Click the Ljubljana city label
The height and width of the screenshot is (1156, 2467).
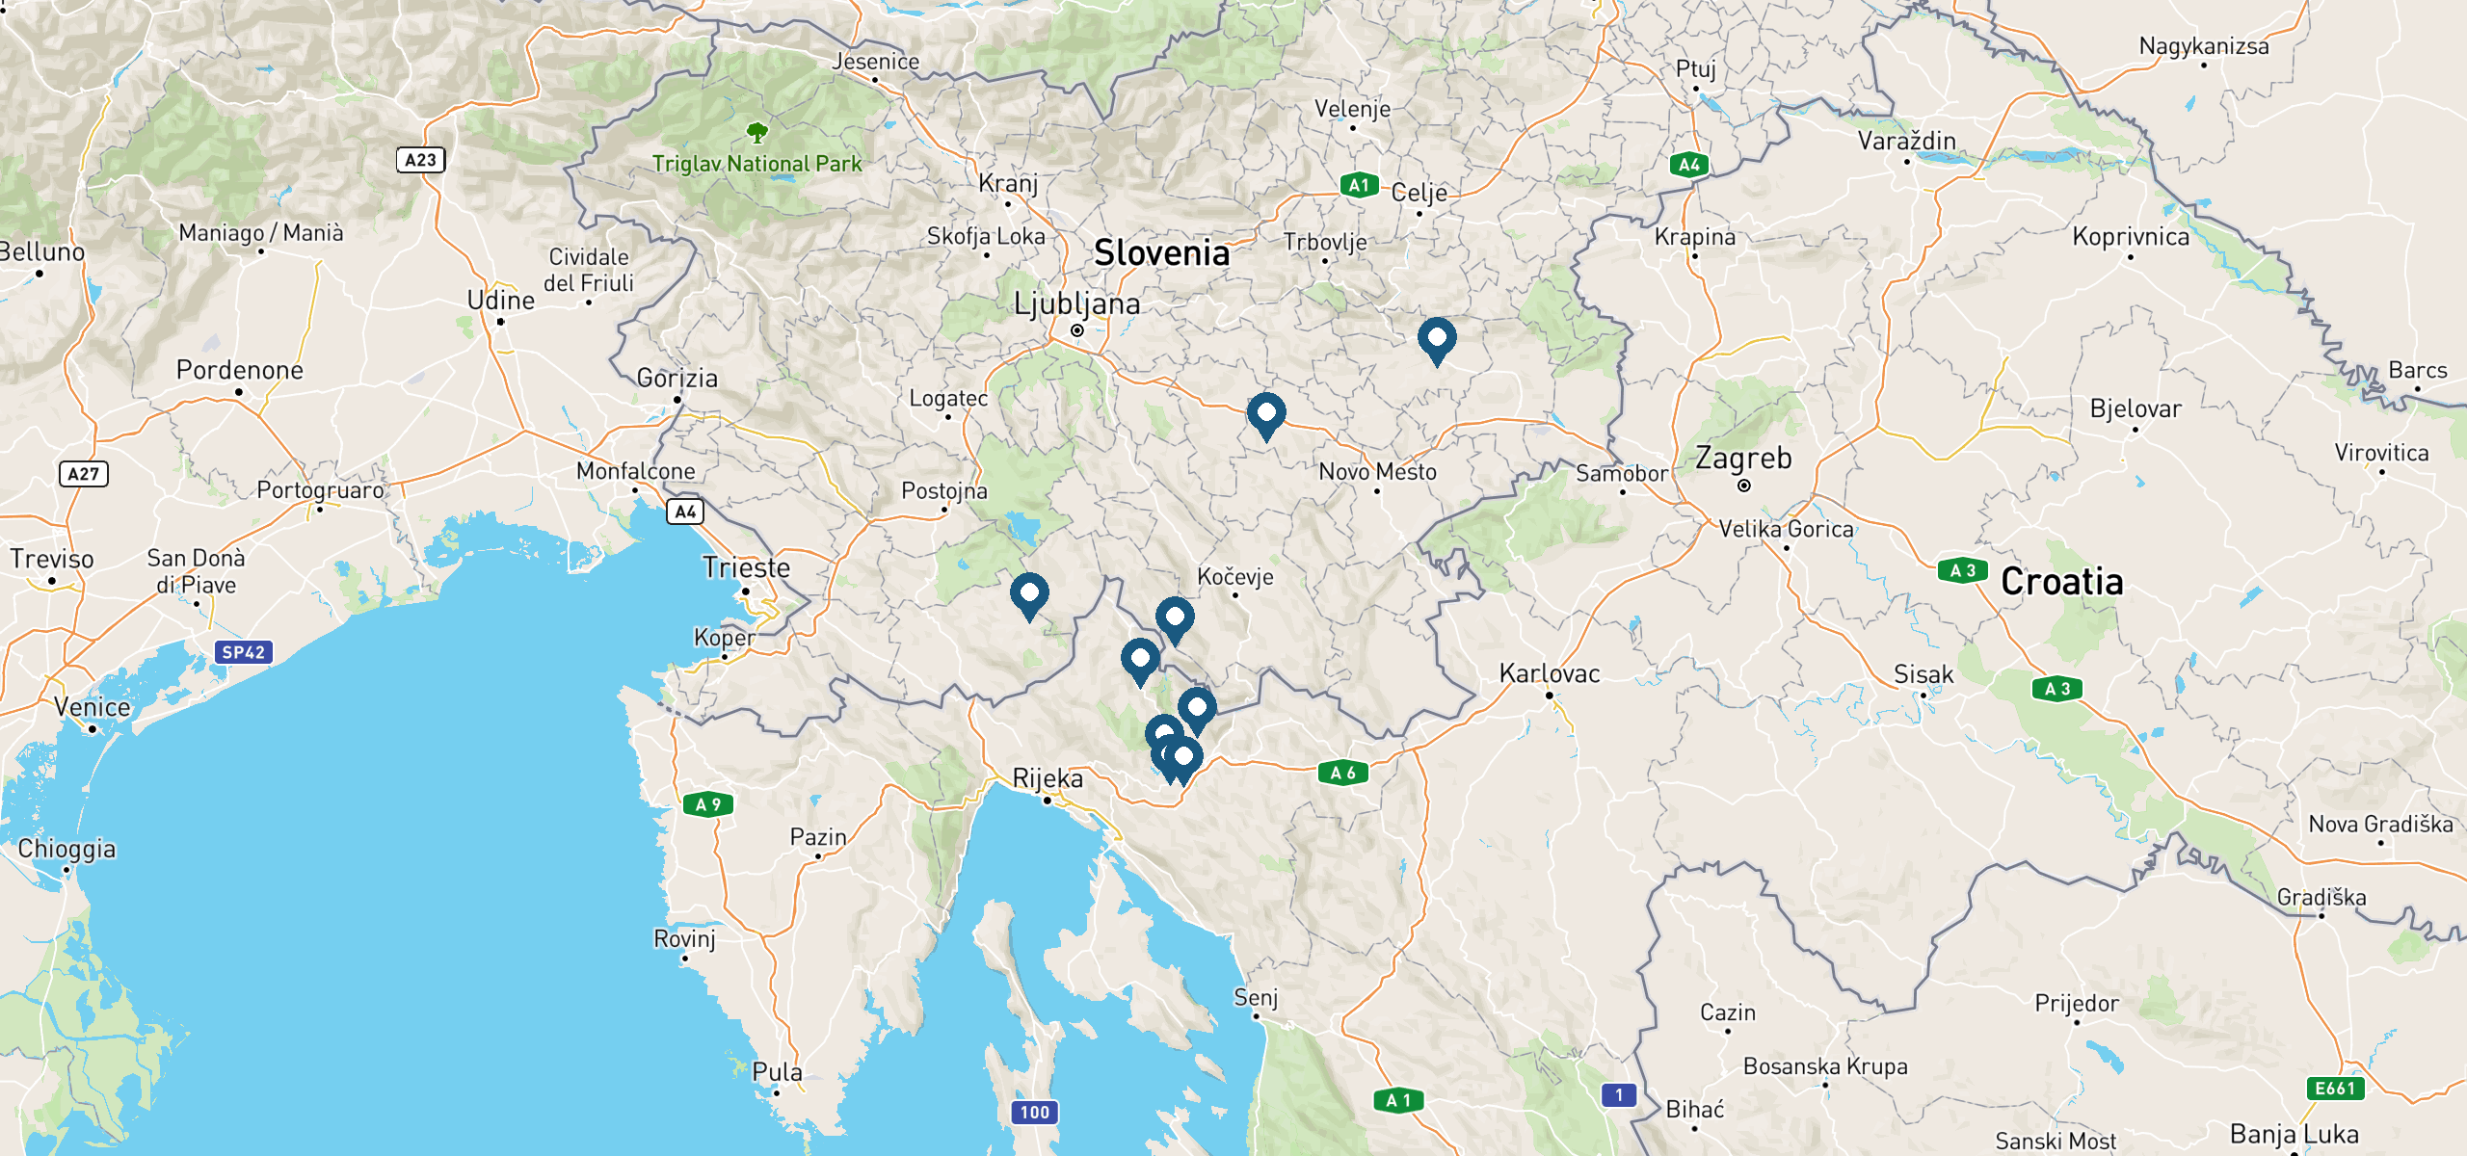coord(1076,304)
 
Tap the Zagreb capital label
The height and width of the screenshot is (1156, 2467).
coord(1743,459)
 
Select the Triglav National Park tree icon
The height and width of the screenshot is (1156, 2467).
coord(757,132)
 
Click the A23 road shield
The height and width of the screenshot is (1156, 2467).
coord(421,160)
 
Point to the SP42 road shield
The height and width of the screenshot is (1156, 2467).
coord(243,652)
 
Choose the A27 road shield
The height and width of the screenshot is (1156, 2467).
coord(84,474)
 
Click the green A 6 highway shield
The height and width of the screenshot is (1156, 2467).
coord(1342,773)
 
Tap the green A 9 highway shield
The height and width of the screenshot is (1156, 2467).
coord(708,804)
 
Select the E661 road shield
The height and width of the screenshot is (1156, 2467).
coord(2335,1089)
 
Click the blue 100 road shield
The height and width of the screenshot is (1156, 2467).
coord(1034,1113)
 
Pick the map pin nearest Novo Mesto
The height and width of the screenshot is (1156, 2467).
coord(1266,414)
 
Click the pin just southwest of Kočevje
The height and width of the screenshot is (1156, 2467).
coord(1175,617)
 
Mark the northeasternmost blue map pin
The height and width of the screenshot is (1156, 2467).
coord(1437,339)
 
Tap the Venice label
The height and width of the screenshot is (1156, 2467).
coord(93,707)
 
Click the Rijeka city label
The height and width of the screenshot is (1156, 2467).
coord(1048,778)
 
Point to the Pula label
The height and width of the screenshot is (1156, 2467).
coord(777,1072)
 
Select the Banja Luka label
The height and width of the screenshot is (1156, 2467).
coord(2295,1134)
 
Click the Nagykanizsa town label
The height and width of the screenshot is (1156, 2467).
coord(2204,46)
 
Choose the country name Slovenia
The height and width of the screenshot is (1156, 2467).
coord(1161,253)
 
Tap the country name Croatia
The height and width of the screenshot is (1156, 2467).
coord(2061,582)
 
